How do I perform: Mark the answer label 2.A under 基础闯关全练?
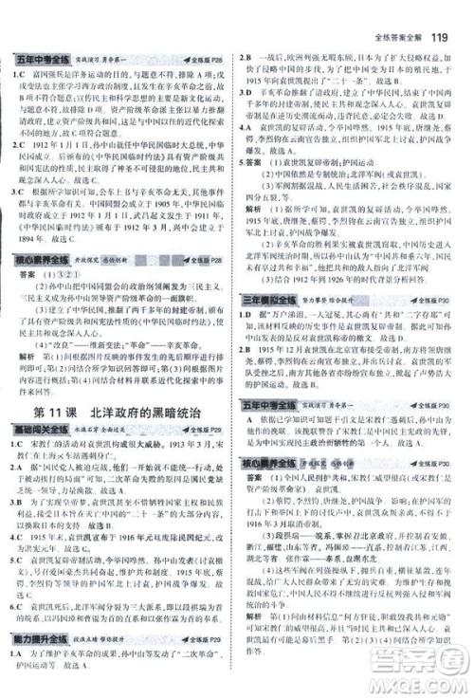(18, 467)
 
